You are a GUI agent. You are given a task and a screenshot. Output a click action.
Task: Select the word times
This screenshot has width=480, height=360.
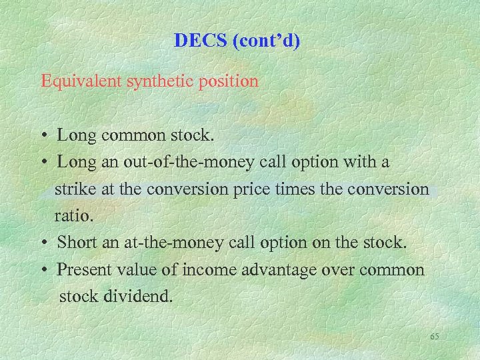293,189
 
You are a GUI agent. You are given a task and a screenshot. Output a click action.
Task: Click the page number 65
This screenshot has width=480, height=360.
435,337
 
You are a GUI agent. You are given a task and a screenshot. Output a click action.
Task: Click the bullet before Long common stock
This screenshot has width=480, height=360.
43,137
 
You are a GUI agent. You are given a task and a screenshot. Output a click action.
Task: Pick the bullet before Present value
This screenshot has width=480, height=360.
43,271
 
